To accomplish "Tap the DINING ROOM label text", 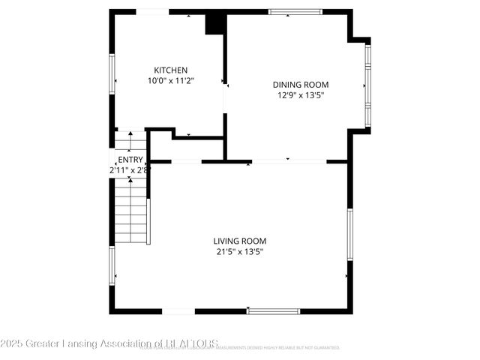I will coord(300,85).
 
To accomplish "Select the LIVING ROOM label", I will coord(239,241).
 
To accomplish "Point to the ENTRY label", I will coord(130,159).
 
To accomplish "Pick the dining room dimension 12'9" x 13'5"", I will coord(300,95).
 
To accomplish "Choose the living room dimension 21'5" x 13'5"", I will coord(239,251).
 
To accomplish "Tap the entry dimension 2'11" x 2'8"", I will coord(130,169).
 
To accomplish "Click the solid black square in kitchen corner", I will coord(216,23).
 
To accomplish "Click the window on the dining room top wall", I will coord(295,12).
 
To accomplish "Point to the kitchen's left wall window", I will coord(112,73).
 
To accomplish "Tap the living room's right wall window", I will coord(349,235).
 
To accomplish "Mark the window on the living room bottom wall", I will coord(273,310).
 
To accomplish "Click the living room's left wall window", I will coord(112,266).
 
